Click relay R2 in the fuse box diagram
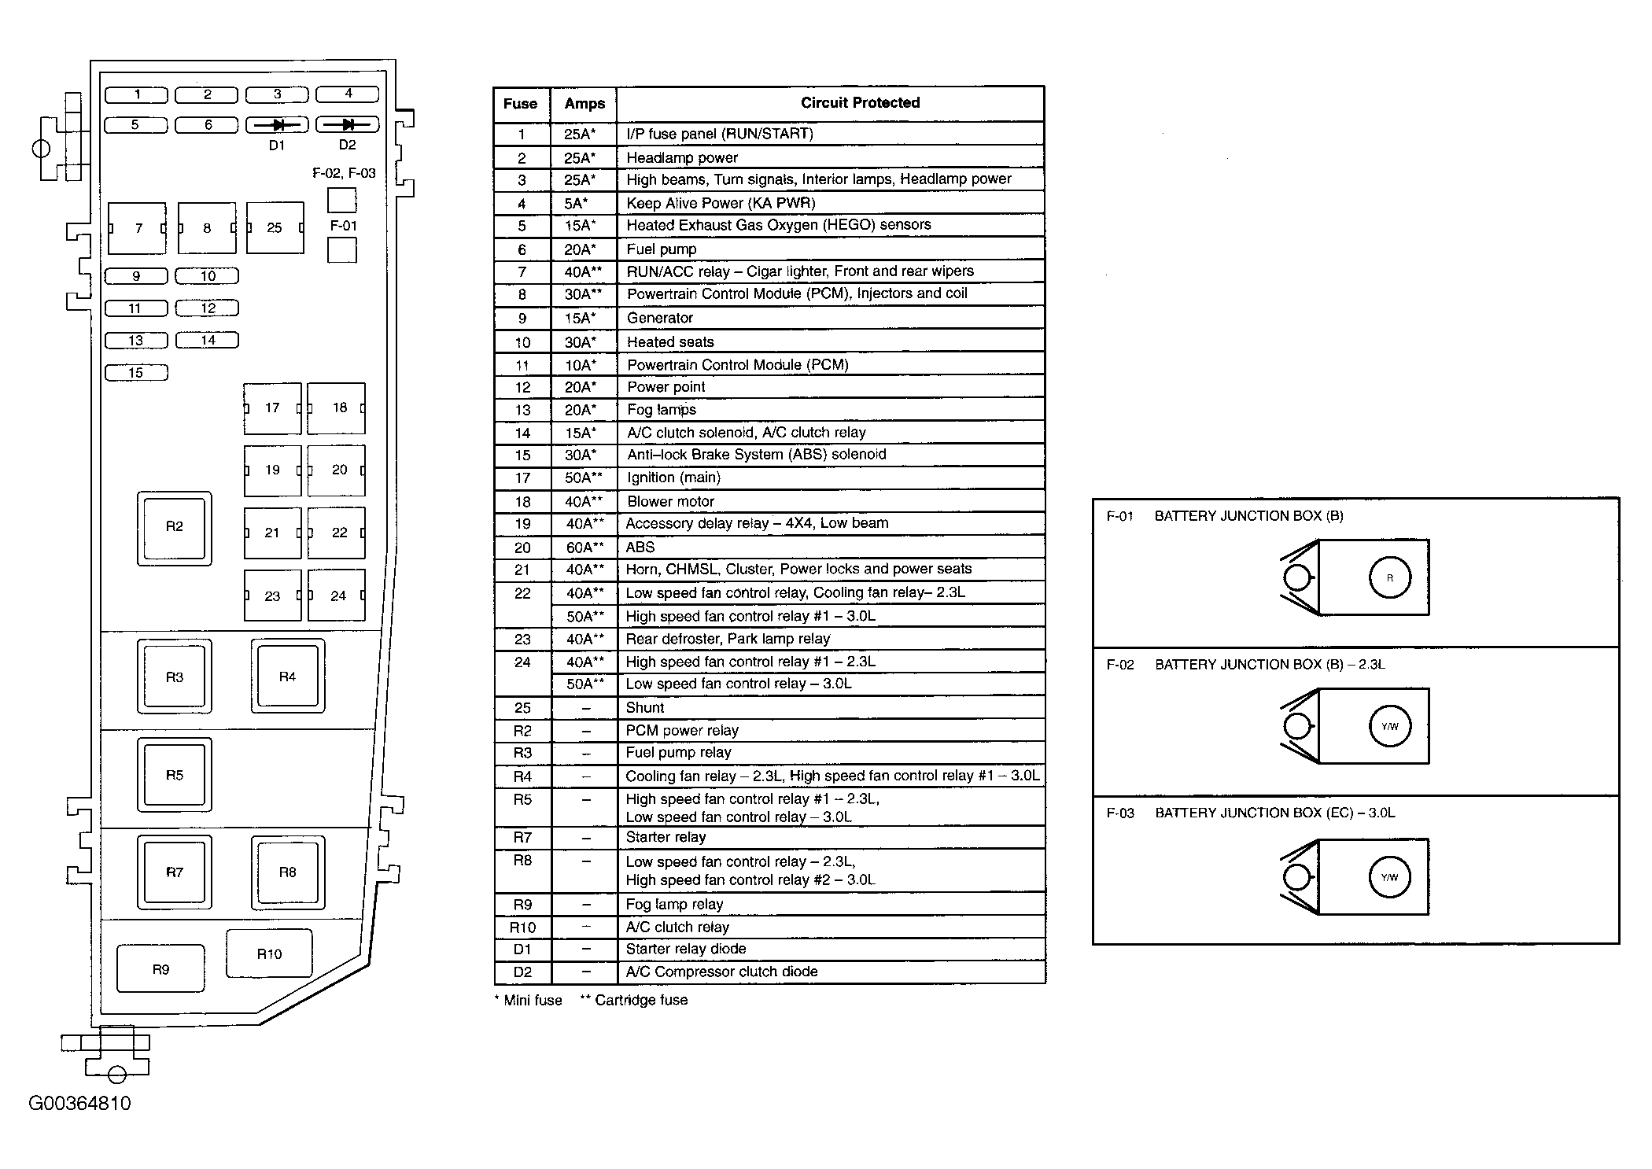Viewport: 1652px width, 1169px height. (x=174, y=528)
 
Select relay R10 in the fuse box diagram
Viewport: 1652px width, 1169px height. (x=269, y=953)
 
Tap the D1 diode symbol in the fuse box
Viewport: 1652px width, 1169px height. (x=277, y=125)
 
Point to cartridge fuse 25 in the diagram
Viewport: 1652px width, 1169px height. (x=275, y=228)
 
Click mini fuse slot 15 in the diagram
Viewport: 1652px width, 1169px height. (x=136, y=373)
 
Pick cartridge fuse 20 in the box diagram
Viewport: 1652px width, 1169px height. (x=337, y=470)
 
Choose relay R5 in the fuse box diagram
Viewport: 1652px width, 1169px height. (x=174, y=776)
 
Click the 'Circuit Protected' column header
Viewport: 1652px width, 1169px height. (x=860, y=103)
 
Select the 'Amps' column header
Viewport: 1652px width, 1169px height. (x=584, y=104)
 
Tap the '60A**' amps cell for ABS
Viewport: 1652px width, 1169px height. (x=584, y=548)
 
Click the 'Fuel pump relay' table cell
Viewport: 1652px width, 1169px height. (x=678, y=753)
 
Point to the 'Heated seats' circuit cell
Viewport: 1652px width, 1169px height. (x=670, y=342)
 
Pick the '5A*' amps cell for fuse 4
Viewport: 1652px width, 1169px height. (x=576, y=204)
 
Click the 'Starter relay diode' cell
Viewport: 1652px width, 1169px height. (x=685, y=950)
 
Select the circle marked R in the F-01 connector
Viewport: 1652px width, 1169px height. (x=1390, y=578)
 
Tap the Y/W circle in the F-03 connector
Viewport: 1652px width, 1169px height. (x=1390, y=877)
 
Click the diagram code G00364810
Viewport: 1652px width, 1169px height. (x=79, y=1104)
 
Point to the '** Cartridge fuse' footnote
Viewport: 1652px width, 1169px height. (x=634, y=1001)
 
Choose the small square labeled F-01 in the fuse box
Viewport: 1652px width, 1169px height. (x=342, y=250)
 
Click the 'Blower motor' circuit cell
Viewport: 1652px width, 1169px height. (x=670, y=502)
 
